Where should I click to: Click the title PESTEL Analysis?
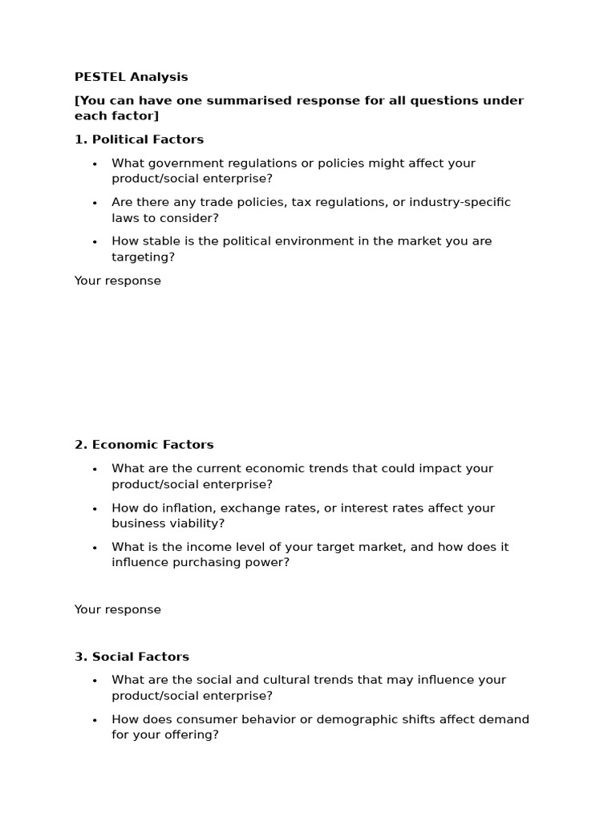(131, 78)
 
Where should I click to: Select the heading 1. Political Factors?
(139, 140)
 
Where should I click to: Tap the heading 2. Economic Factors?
(144, 445)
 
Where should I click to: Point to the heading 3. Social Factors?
(132, 657)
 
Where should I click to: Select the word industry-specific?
(460, 202)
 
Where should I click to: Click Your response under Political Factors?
(117, 281)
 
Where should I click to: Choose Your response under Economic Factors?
(117, 609)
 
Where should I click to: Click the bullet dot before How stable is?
(94, 242)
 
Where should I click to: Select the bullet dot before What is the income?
(94, 548)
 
